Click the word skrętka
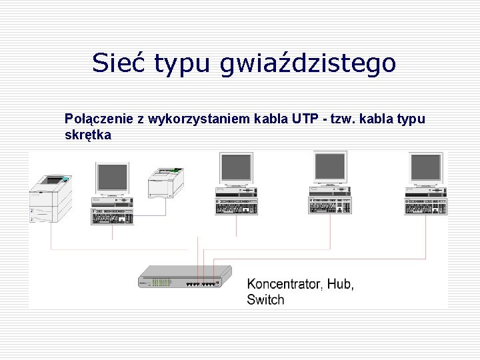pyautogui.click(x=88, y=135)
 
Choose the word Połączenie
pyautogui.click(x=99, y=120)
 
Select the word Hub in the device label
pyautogui.click(x=341, y=284)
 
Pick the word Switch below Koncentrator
pyautogui.click(x=265, y=300)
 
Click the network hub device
pyautogui.click(x=185, y=277)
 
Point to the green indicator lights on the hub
pyautogui.click(x=161, y=282)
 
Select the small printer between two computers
pyautogui.click(x=165, y=182)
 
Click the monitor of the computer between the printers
pyautogui.click(x=112, y=177)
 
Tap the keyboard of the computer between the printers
pyautogui.click(x=112, y=217)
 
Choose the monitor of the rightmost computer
pyautogui.click(x=426, y=168)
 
